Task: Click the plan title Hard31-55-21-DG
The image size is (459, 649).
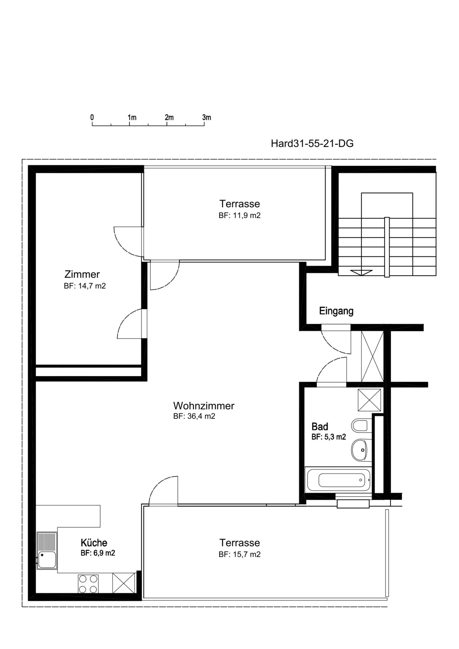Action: [312, 143]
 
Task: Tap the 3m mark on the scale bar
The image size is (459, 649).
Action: [207, 117]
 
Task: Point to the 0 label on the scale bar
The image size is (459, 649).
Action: [92, 117]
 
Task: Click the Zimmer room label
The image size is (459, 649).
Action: [82, 274]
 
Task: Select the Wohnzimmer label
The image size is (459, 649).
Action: [204, 406]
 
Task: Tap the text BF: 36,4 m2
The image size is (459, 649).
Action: [194, 416]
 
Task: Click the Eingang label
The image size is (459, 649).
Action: [336, 311]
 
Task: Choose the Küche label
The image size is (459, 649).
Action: [94, 543]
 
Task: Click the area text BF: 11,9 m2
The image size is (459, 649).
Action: [239, 215]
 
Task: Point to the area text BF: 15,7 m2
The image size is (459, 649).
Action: [239, 554]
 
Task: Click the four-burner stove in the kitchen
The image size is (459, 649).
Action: [88, 584]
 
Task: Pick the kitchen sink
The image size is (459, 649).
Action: [47, 551]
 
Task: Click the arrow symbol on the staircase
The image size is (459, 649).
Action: [361, 272]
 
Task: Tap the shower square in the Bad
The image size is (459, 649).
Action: [369, 400]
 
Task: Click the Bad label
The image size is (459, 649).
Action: [320, 426]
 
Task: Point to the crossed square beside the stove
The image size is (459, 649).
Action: [124, 583]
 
